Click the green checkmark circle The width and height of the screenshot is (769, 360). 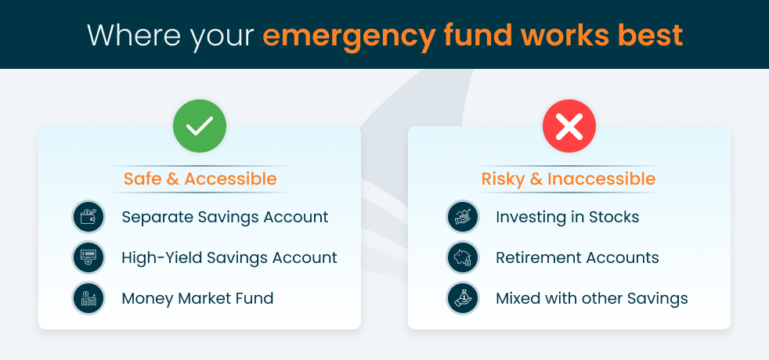point(200,125)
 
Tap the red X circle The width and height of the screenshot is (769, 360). point(569,125)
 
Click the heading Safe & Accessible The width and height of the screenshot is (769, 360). point(200,179)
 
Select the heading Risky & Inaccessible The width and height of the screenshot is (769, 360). point(569,179)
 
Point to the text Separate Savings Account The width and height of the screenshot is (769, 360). point(225,217)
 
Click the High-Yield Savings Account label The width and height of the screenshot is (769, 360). point(229,257)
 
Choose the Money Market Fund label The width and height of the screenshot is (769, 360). point(197,298)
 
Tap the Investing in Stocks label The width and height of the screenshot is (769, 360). point(568,217)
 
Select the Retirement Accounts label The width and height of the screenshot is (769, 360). point(577,257)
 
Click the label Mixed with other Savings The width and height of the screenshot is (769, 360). point(592,298)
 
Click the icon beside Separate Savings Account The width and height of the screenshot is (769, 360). point(88,217)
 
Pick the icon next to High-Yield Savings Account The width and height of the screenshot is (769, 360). point(88,257)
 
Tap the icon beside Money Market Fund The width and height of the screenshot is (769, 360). point(88,298)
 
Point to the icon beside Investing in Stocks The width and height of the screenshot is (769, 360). point(463,217)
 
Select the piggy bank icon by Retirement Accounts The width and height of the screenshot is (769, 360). point(463,257)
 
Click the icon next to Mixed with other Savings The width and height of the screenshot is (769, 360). point(463,298)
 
